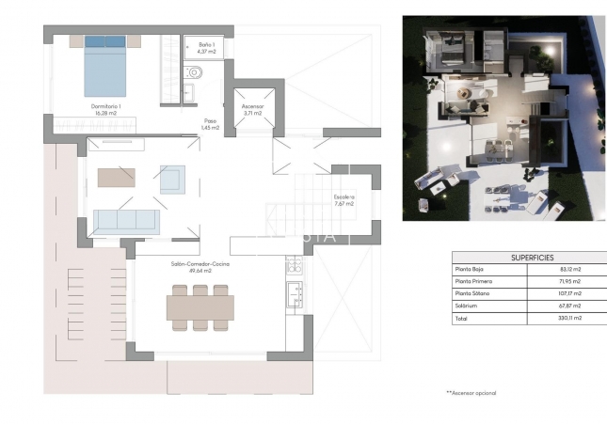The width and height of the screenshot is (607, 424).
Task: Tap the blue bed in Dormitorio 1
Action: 105,66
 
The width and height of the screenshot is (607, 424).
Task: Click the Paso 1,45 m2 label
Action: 211,124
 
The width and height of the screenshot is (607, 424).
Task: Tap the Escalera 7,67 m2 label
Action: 343,200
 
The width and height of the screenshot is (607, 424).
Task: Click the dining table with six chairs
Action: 199,307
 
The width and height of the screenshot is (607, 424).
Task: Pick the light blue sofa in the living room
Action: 126,222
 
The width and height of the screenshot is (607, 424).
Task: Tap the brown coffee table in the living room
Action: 117,177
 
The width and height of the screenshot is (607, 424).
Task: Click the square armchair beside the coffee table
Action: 172,179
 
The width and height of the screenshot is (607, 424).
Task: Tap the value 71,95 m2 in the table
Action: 570,281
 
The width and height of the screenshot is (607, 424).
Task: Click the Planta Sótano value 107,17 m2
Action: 569,293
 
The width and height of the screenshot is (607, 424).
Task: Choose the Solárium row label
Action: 468,306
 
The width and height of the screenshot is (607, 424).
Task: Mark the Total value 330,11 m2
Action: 569,318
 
